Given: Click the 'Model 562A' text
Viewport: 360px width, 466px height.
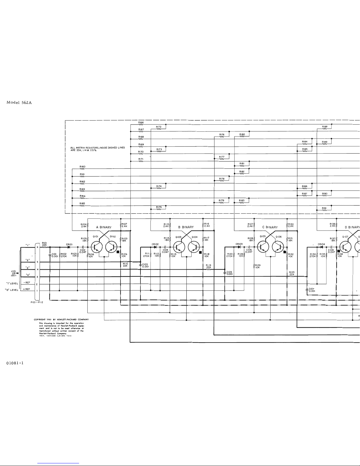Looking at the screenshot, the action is click(x=19, y=103).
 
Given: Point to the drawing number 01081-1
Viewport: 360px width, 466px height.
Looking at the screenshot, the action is click(x=15, y=363).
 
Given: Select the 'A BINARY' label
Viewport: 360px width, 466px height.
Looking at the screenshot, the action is click(x=104, y=227).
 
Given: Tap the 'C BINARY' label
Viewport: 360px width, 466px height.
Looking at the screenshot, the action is click(x=270, y=227).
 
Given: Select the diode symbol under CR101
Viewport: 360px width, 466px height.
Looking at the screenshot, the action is click(x=69, y=247).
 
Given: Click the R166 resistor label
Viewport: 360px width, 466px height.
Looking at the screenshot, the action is click(x=141, y=122).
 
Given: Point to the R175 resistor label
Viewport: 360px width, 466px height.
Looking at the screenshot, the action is click(x=159, y=207).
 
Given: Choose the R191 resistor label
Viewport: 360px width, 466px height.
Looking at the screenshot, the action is click(x=324, y=208).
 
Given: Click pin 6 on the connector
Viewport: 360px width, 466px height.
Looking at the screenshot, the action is click(x=37, y=247).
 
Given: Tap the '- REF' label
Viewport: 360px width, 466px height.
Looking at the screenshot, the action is click(x=27, y=283).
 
